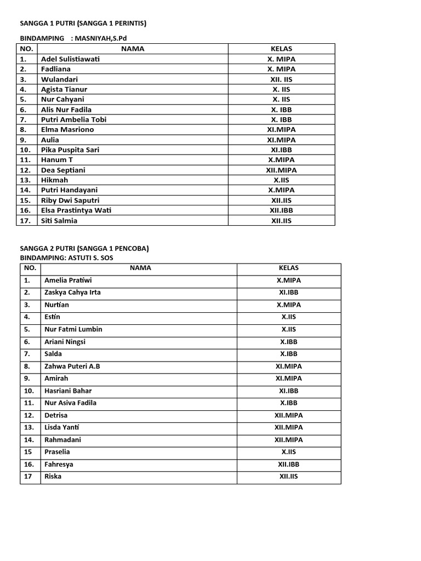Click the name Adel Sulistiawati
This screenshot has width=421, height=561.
[x=70, y=59]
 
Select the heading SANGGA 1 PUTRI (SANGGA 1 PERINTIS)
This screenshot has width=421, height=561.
[x=83, y=23]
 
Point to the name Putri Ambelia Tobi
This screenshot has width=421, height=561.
[x=73, y=119]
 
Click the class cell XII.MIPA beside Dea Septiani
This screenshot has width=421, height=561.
[x=282, y=170]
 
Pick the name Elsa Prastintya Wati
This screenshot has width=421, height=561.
[x=76, y=210]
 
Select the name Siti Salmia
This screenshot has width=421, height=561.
[x=59, y=221]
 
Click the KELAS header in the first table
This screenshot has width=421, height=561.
[x=282, y=49]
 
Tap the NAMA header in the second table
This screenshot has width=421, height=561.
[x=140, y=268]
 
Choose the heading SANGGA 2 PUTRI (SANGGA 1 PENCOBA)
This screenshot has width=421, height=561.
[x=84, y=248]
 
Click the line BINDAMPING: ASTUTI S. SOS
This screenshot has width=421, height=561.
[x=67, y=257]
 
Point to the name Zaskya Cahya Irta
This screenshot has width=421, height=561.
[x=72, y=293]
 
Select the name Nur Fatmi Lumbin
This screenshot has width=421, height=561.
[x=73, y=329]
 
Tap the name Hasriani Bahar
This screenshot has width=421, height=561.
[x=68, y=391]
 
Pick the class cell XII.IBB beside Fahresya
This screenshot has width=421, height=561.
[x=288, y=465]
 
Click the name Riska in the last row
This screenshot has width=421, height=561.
[x=53, y=477]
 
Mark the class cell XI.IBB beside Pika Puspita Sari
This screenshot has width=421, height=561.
[x=282, y=150]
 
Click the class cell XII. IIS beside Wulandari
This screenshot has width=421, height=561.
[x=282, y=79]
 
